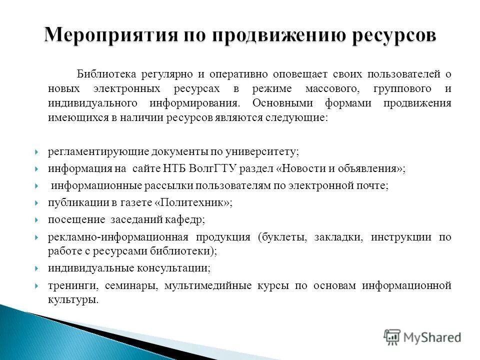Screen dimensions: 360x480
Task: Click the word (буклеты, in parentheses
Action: [x=281, y=237]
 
